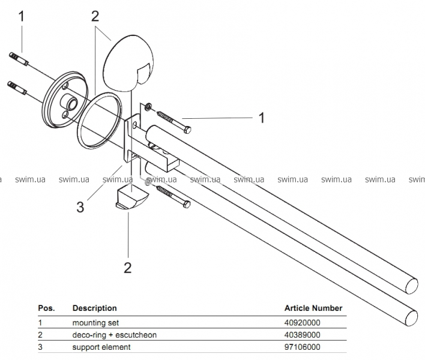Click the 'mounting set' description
[x=94, y=322]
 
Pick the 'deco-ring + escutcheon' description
[x=114, y=335]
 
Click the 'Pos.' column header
[x=46, y=308]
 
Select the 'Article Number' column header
[x=313, y=308]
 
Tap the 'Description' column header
[x=94, y=308]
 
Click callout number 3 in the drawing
[x=80, y=207]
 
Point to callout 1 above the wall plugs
[x=22, y=17]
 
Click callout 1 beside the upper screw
[x=262, y=118]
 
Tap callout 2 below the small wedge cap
[x=127, y=266]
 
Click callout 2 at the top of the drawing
[x=95, y=16]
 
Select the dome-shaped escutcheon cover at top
[x=129, y=60]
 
